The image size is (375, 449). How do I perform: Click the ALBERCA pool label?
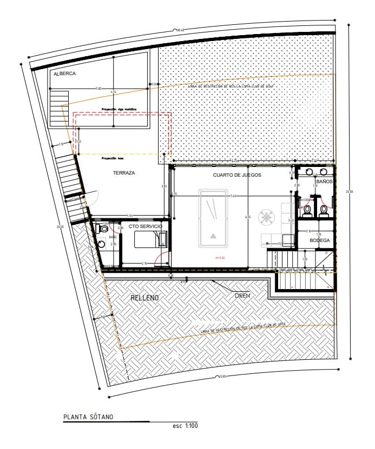click(x=64, y=73)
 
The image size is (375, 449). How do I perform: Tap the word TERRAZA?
click(x=124, y=173)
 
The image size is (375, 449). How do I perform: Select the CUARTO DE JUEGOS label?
click(x=237, y=176)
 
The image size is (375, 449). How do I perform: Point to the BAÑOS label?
click(x=324, y=182)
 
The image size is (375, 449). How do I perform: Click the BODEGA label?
click(x=319, y=240)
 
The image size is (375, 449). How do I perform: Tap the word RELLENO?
click(x=144, y=298)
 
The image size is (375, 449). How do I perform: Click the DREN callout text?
click(x=242, y=296)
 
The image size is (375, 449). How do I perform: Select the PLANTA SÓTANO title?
click(x=88, y=417)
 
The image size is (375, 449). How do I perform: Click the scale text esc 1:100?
click(x=185, y=426)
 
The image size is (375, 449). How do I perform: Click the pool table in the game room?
click(x=213, y=218)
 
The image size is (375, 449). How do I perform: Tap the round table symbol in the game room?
click(x=266, y=218)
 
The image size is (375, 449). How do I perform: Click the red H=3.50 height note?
click(x=220, y=258)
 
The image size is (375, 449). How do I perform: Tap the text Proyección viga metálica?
click(x=120, y=109)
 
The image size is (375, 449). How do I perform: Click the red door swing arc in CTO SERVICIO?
click(x=161, y=260)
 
